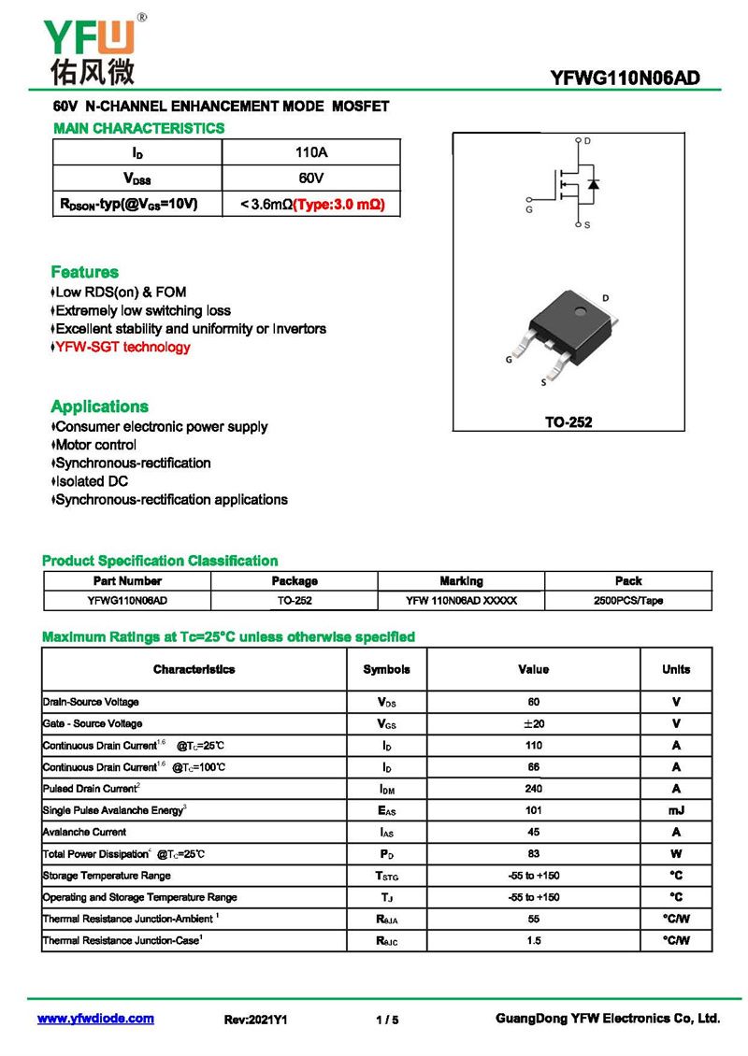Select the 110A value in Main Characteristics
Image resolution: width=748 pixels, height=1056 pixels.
(310, 152)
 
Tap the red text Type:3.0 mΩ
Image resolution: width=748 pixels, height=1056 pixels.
(339, 204)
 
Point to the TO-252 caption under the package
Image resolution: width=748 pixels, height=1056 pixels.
(568, 421)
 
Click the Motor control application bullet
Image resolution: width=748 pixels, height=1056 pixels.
(95, 445)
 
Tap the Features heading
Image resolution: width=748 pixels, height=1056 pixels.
(84, 272)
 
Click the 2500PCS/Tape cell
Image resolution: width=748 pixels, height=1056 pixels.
(627, 601)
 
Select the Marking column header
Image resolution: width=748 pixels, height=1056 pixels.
(461, 580)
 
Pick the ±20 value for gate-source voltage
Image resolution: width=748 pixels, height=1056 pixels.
(533, 723)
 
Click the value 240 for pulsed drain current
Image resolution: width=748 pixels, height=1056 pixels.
(533, 789)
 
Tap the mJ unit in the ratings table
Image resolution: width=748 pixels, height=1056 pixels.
(676, 810)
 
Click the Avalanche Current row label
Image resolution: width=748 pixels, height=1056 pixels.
(85, 832)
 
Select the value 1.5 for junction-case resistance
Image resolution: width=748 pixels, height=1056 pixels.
(533, 940)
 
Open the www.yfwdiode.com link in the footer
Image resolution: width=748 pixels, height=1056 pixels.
(95, 1019)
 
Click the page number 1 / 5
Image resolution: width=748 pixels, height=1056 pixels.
(387, 1020)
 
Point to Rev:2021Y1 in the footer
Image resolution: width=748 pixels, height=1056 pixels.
(256, 1020)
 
